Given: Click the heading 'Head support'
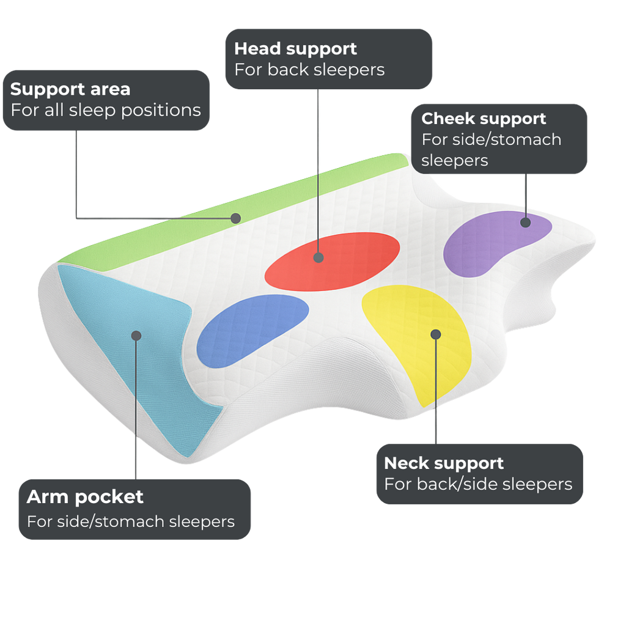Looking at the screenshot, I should [295, 48].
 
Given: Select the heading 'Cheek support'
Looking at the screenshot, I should [484, 119].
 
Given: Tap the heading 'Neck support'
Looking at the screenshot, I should [443, 463].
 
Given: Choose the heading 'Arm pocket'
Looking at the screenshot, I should [85, 497].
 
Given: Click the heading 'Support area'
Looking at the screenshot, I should [70, 89].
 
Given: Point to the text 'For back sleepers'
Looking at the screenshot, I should [309, 70].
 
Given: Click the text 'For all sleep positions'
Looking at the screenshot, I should [106, 111].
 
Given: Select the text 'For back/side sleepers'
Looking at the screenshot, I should [478, 484].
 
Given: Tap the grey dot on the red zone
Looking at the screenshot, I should [319, 257].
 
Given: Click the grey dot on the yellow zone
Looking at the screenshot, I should [435, 334].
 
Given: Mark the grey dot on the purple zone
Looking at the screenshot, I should [525, 223].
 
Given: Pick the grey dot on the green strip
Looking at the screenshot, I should [235, 218].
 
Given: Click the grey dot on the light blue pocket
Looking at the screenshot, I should [136, 335].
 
